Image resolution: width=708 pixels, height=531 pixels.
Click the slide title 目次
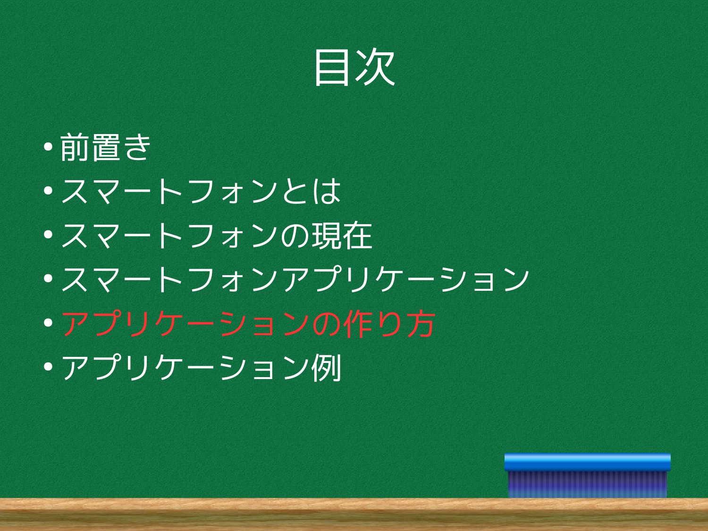tap(354, 67)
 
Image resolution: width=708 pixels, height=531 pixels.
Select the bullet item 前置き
tap(105, 147)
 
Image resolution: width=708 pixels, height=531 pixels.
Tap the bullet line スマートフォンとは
tap(201, 191)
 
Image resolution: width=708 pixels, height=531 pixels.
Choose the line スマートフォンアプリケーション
tap(295, 279)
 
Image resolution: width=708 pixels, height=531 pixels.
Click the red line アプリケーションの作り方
tap(248, 323)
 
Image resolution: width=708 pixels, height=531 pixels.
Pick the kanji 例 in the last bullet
tap(326, 367)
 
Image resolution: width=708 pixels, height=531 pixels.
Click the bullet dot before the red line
tap(48, 323)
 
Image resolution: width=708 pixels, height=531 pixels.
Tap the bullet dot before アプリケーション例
tap(48, 367)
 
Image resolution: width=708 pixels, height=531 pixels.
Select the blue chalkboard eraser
tap(587, 476)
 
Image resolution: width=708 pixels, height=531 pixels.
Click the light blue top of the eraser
tap(587, 462)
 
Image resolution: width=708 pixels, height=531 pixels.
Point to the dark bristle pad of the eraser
tap(587, 485)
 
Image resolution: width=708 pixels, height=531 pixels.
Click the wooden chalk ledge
tap(354, 514)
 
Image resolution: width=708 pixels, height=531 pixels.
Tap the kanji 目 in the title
tap(332, 67)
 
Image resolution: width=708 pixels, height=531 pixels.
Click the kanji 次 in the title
tap(375, 67)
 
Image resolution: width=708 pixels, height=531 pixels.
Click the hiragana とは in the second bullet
tap(312, 191)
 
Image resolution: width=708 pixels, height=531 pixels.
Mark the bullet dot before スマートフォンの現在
tap(48, 235)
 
